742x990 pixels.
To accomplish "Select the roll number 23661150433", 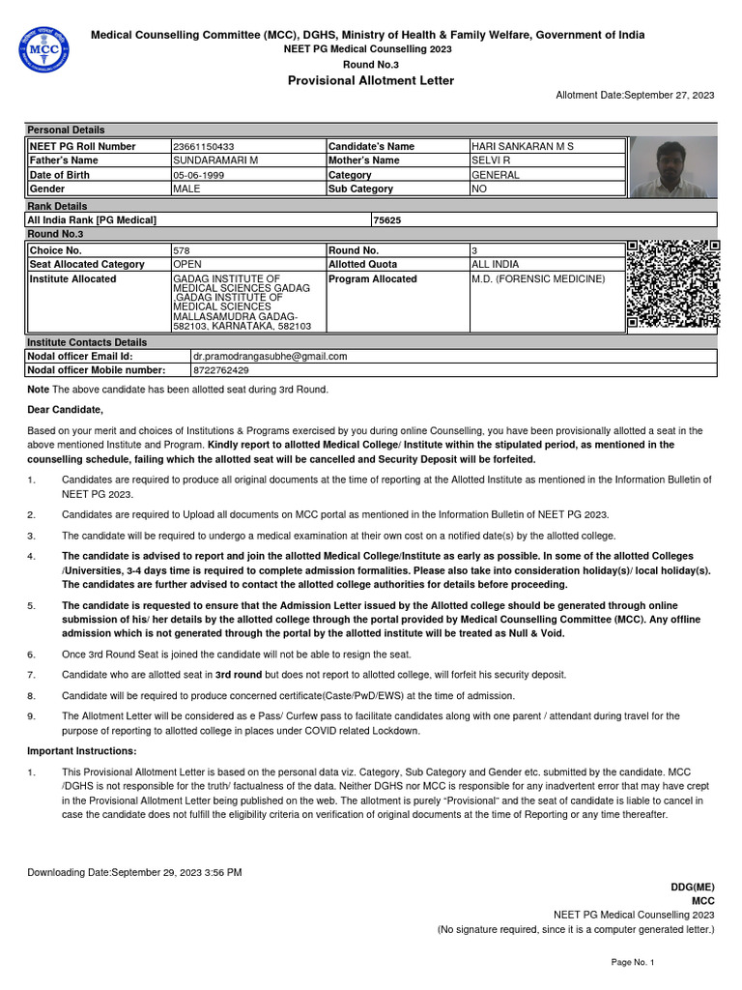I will [203, 146].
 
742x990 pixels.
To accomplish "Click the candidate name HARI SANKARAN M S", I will [522, 146].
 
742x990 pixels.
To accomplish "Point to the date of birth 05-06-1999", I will [199, 175].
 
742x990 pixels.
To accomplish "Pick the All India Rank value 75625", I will [386, 220].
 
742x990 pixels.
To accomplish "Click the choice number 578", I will [181, 249].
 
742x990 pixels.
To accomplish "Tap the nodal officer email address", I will [270, 356].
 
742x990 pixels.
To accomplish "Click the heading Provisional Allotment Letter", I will [371, 80].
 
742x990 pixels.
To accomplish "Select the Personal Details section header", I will [66, 130].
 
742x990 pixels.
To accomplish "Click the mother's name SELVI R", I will [491, 160].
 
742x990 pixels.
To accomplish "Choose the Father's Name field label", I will [64, 160].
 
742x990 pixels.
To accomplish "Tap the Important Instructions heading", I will [82, 751].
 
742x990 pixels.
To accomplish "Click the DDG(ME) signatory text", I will [693, 887].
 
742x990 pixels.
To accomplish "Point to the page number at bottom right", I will [633, 963].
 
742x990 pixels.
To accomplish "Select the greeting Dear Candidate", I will [65, 410].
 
